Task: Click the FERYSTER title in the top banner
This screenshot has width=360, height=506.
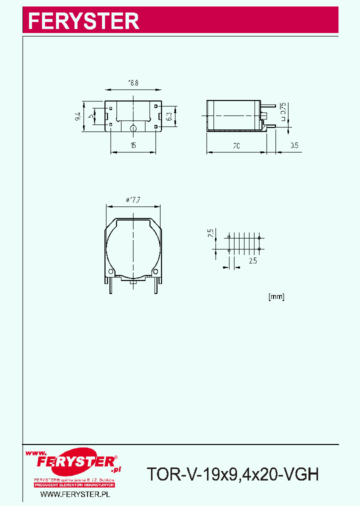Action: point(83,21)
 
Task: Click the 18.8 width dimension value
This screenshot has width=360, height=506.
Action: point(133,83)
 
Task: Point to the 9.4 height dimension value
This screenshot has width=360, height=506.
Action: point(78,116)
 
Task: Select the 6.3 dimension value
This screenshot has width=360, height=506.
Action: point(169,116)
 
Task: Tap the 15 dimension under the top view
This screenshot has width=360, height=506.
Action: point(133,145)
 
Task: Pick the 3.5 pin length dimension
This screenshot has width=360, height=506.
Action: point(294,145)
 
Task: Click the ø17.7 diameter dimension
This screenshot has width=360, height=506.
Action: point(133,199)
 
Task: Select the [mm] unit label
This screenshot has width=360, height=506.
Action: point(276,296)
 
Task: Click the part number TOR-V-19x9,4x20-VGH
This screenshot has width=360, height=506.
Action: point(232,473)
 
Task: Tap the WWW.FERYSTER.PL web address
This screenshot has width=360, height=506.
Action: point(74,494)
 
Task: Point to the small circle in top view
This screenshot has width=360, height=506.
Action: point(133,127)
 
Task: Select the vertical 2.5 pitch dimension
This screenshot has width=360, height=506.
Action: point(211,232)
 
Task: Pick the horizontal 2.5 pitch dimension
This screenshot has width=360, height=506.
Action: point(252,260)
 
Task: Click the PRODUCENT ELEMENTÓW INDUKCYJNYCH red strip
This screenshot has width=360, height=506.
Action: point(74,485)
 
